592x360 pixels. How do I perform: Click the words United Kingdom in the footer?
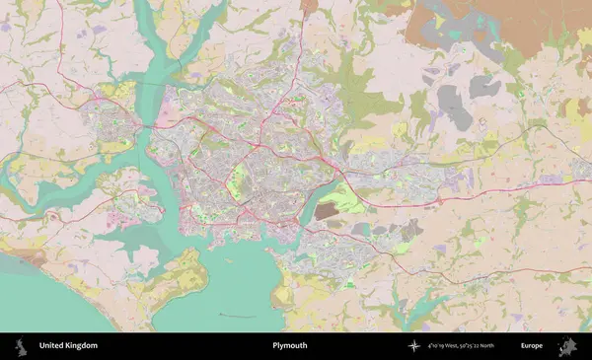pyautogui.click(x=68, y=346)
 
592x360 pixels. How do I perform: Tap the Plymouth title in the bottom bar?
pyautogui.click(x=290, y=346)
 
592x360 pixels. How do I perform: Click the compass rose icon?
pyautogui.click(x=414, y=346)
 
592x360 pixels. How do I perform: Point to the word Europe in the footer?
pyautogui.click(x=532, y=346)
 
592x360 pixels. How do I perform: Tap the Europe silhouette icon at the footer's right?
pyautogui.click(x=568, y=346)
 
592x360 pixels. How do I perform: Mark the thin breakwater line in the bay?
pyautogui.click(x=237, y=316)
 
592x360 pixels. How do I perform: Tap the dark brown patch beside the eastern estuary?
pyautogui.click(x=325, y=211)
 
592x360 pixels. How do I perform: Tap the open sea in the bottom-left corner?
pyautogui.click(x=39, y=301)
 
